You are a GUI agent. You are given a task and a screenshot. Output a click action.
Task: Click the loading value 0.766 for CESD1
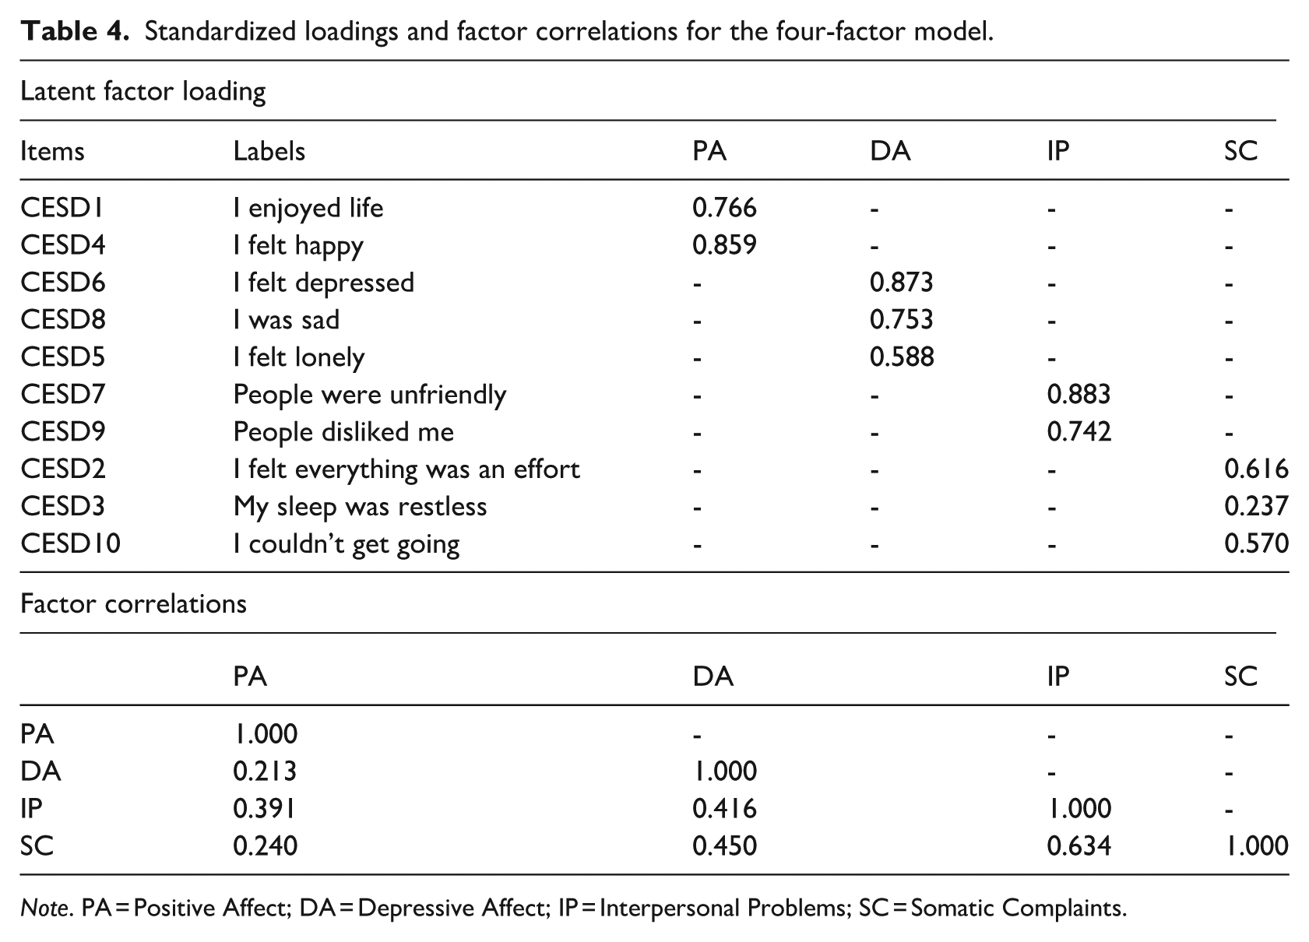[724, 208]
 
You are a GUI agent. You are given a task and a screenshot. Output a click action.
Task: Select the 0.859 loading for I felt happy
[724, 245]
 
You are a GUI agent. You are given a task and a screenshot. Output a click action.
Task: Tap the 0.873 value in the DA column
[901, 283]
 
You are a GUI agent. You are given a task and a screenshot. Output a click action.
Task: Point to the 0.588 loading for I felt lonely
[902, 357]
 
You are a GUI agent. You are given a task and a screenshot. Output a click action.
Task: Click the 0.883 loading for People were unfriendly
[1079, 395]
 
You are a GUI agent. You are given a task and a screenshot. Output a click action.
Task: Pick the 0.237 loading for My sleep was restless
[1256, 506]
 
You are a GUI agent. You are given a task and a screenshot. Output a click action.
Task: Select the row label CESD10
[70, 543]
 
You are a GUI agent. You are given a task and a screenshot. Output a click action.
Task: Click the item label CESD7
[62, 395]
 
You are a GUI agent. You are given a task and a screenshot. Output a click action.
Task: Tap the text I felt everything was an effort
[406, 469]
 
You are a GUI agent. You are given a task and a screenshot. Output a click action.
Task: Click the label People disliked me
[343, 432]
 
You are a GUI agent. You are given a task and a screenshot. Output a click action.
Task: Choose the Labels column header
[269, 151]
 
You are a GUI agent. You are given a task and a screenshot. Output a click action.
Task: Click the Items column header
[52, 151]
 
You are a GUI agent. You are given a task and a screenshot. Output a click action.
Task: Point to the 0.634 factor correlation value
[1079, 846]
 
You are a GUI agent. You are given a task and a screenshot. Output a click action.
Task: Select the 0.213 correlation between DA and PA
[265, 772]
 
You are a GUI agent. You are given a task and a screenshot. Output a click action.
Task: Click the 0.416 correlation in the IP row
[725, 809]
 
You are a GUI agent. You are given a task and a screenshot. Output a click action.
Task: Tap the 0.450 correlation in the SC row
[725, 846]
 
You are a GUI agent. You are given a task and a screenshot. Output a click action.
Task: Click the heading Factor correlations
[133, 603]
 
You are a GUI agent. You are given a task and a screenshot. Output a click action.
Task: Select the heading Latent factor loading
[143, 92]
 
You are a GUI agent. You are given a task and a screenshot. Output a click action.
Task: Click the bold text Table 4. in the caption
[74, 31]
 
